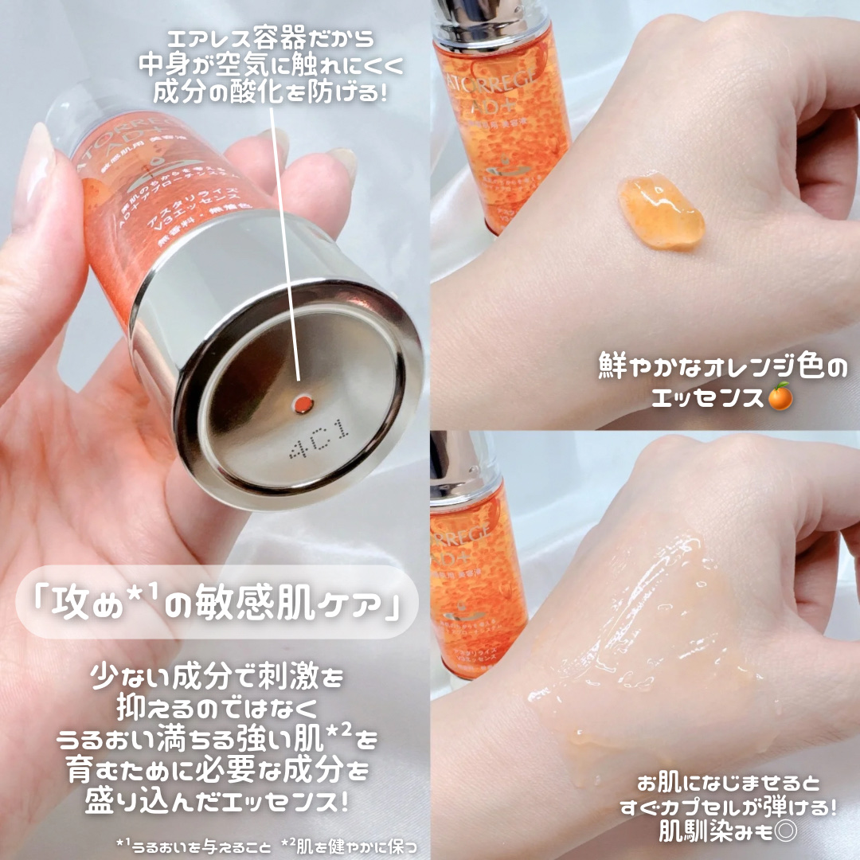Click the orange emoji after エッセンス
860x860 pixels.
point(780,396)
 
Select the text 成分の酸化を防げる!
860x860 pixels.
point(270,93)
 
